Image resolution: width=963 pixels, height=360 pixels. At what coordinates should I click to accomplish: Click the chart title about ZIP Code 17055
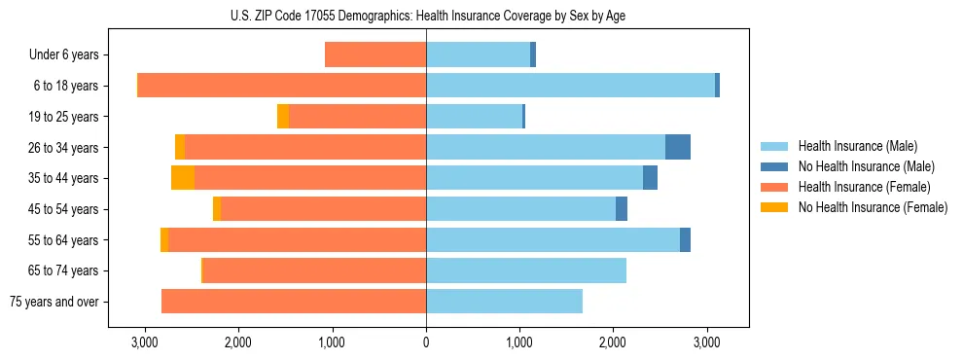[x=427, y=15]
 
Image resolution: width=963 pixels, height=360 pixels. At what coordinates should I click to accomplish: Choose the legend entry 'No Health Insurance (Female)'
[x=873, y=207]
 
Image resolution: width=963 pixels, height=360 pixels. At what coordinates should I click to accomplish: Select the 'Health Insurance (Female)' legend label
[x=864, y=187]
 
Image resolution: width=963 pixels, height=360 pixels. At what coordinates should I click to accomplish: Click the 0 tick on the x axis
[x=426, y=342]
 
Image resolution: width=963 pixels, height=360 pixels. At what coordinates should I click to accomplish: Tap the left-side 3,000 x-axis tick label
[x=144, y=342]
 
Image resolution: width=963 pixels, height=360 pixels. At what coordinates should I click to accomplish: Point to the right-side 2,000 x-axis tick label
[x=613, y=342]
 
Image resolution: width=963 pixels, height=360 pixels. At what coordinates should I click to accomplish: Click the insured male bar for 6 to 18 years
[x=570, y=86]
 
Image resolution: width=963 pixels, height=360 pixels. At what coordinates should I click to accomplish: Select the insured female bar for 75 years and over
[x=294, y=302]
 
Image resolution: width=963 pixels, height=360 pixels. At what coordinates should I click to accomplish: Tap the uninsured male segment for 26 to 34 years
[x=678, y=147]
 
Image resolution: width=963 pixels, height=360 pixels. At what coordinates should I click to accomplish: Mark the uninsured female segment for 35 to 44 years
[x=183, y=178]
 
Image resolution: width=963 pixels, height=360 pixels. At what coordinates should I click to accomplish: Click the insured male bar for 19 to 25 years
[x=474, y=117]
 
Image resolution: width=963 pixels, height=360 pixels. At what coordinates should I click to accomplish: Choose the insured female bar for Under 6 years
[x=375, y=55]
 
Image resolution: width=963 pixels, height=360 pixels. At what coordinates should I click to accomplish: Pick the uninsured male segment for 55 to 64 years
[x=685, y=239]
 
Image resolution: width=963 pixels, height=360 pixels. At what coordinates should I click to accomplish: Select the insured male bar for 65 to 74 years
[x=526, y=270]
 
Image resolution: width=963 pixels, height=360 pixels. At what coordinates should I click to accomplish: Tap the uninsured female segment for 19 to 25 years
[x=283, y=117]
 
